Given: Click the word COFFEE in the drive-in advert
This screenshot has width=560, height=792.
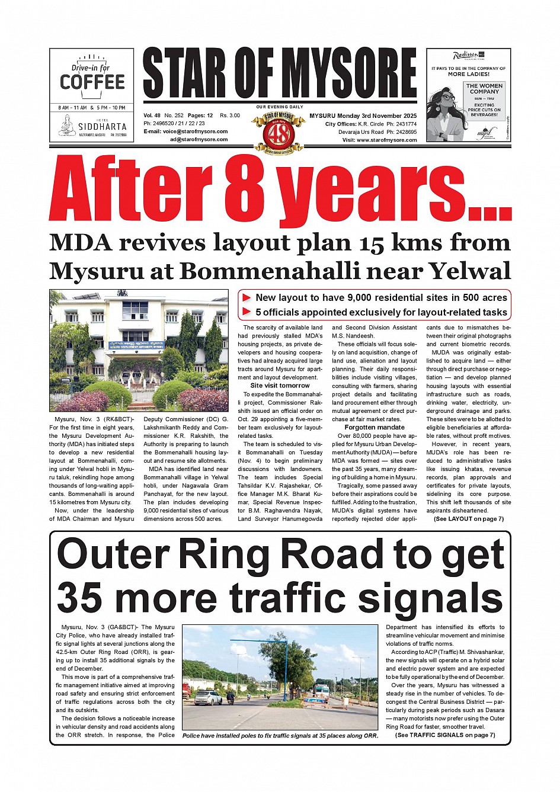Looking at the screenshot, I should pos(92,82).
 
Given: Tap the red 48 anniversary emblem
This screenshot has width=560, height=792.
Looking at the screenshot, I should pos(279,134).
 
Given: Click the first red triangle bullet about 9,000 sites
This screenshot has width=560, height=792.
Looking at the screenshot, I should pos(247,298).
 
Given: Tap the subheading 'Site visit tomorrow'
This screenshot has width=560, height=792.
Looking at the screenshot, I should pos(280,386).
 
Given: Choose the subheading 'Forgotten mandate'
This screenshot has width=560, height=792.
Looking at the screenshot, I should pos(375,427).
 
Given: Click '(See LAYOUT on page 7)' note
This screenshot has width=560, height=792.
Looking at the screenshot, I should pos(468,519).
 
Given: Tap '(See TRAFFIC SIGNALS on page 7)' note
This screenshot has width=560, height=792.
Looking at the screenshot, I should pos(445,735).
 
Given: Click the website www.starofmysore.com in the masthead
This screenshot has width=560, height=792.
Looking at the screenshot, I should pos(387,140).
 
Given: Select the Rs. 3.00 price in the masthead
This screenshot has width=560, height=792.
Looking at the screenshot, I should pos(230,116).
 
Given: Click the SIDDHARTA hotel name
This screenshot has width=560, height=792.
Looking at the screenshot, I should pos(102,127).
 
